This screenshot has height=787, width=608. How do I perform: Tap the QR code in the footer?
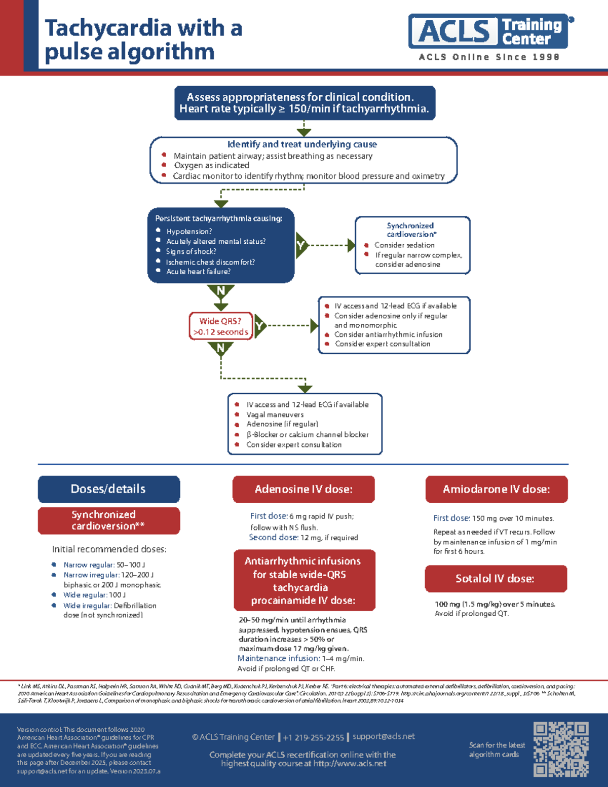click(561, 749)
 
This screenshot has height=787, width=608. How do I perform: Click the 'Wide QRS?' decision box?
click(221, 326)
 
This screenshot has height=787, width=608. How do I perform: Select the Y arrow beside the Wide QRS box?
click(260, 326)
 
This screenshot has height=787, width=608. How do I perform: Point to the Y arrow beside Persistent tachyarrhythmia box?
click(301, 246)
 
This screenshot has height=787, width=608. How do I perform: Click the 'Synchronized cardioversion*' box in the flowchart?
click(412, 245)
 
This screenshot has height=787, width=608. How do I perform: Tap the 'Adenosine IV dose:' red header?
click(303, 489)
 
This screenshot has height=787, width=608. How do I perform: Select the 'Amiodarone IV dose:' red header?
click(496, 489)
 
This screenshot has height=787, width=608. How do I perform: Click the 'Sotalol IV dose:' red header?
click(495, 579)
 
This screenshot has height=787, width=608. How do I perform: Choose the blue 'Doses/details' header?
click(108, 489)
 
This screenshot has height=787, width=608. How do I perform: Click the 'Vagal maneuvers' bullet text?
click(275, 415)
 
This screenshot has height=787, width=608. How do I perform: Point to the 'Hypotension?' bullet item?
click(189, 232)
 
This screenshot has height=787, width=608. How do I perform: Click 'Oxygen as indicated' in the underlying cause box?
click(211, 166)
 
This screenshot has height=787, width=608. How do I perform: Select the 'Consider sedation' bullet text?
click(404, 245)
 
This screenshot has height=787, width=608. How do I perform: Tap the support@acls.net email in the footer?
click(384, 736)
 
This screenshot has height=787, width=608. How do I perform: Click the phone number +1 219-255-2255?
click(313, 737)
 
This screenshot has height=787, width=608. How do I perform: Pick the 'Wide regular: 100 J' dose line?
click(94, 595)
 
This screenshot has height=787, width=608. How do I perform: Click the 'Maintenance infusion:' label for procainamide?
click(278, 658)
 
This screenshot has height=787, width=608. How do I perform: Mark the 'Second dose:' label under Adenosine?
click(273, 538)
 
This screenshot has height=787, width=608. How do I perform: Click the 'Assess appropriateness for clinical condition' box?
click(305, 103)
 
